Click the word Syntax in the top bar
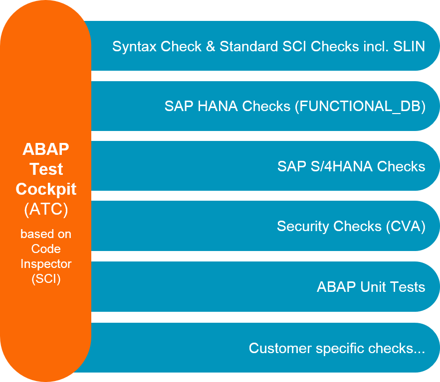coord(130,47)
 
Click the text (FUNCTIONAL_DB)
coord(360,107)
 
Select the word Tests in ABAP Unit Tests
coord(408,287)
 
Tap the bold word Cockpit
coord(46,189)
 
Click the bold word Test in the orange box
coord(46,169)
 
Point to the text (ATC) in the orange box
coord(46,210)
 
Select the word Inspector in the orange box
coord(46,263)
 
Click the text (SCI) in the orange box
coord(46,279)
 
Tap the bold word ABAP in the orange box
coord(46,149)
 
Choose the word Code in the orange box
coord(46,249)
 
